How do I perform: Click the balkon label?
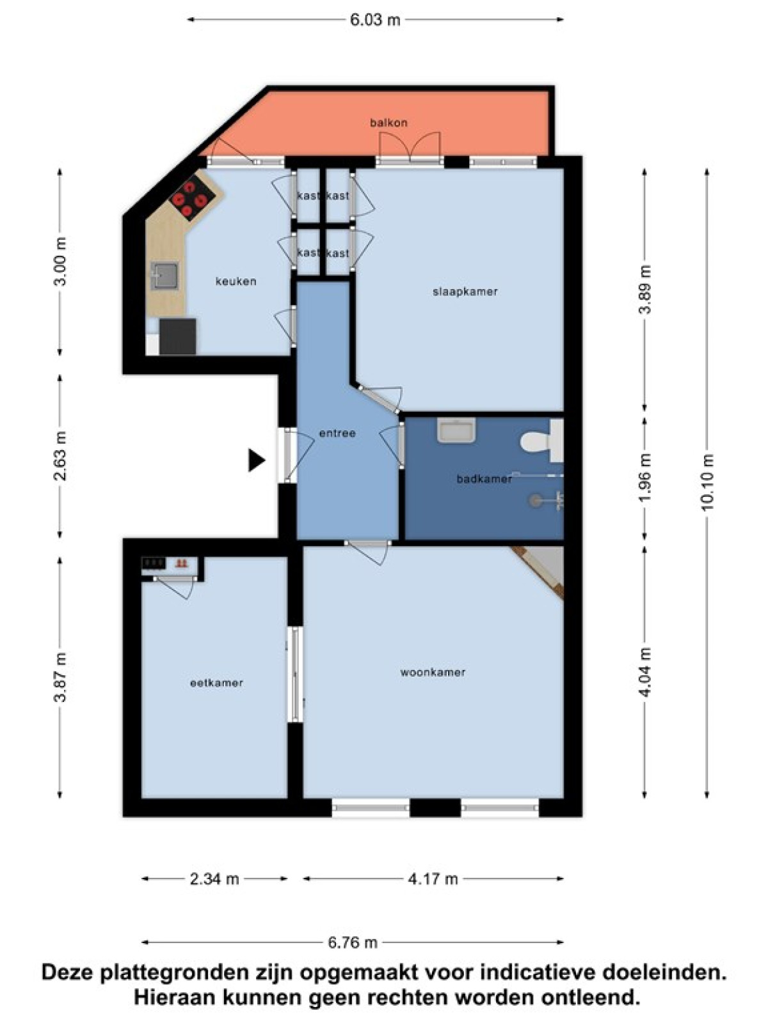pyautogui.click(x=388, y=123)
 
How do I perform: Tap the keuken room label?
pyautogui.click(x=236, y=281)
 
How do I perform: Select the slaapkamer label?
pyautogui.click(x=465, y=292)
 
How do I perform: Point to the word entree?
pyautogui.click(x=337, y=433)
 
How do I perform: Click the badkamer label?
pyautogui.click(x=484, y=479)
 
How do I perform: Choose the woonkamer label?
pyautogui.click(x=433, y=672)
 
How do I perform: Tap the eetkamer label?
pyautogui.click(x=217, y=683)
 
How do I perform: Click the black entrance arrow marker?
pyautogui.click(x=257, y=460)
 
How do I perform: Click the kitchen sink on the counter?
pyautogui.click(x=164, y=276)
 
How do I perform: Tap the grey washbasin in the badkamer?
pyautogui.click(x=456, y=430)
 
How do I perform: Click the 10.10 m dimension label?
pyautogui.click(x=707, y=482)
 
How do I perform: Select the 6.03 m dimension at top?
pyautogui.click(x=375, y=20)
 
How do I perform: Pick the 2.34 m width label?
pyautogui.click(x=214, y=879)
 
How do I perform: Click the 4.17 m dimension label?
pyautogui.click(x=433, y=879)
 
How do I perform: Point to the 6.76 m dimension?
pyautogui.click(x=352, y=942)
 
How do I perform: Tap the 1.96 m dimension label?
pyautogui.click(x=644, y=478)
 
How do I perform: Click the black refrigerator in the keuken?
pyautogui.click(x=177, y=336)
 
